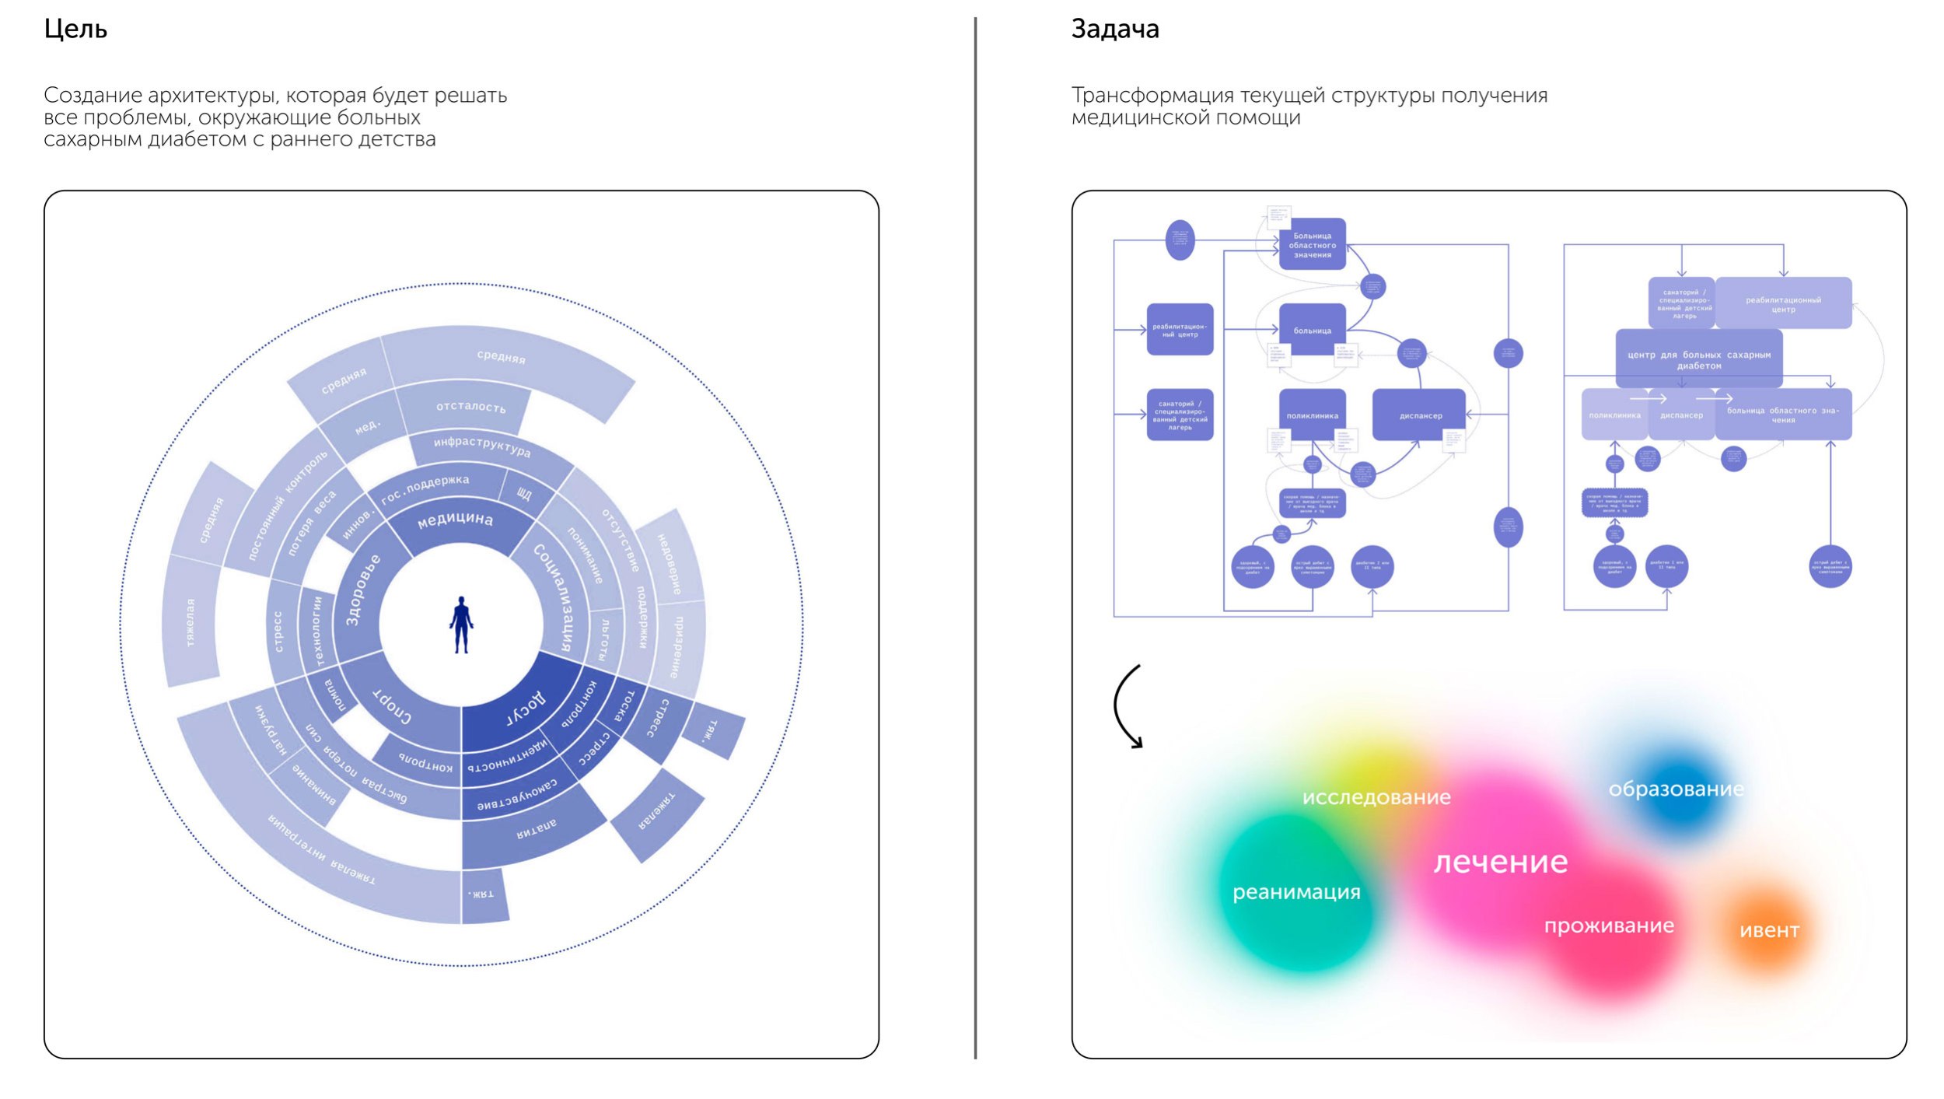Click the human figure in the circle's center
click(x=461, y=625)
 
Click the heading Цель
click(x=75, y=30)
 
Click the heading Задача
click(x=1114, y=30)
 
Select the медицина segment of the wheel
click(x=455, y=520)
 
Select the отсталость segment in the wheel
click(x=470, y=406)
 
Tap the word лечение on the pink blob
click(x=1500, y=863)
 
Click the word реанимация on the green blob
click(x=1296, y=892)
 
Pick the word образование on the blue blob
click(x=1676, y=789)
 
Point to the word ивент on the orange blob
click(x=1769, y=930)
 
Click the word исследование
click(x=1376, y=797)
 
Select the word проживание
click(x=1608, y=926)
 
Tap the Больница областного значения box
click(x=1312, y=245)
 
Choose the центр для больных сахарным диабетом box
click(x=1698, y=359)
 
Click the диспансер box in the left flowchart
click(x=1420, y=415)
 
